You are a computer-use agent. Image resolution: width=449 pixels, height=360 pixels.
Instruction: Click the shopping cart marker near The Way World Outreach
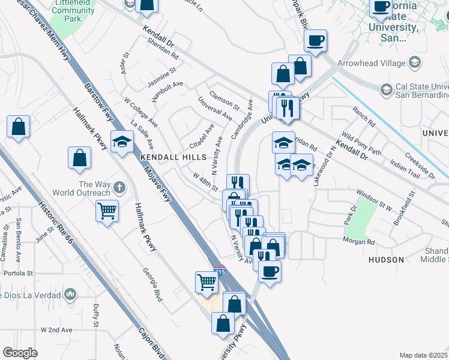click(x=107, y=211)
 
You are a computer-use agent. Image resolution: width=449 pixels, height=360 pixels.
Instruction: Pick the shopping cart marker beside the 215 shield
click(x=206, y=281)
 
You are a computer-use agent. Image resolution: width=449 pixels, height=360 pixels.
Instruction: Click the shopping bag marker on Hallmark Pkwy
click(x=80, y=158)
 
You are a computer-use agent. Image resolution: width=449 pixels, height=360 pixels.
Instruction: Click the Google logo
click(x=20, y=353)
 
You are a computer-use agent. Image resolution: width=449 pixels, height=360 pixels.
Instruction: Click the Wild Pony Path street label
click(x=361, y=144)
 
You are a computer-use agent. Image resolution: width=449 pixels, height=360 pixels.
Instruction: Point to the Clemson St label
click(x=224, y=100)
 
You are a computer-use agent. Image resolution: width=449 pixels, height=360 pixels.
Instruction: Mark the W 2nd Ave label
click(x=56, y=330)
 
